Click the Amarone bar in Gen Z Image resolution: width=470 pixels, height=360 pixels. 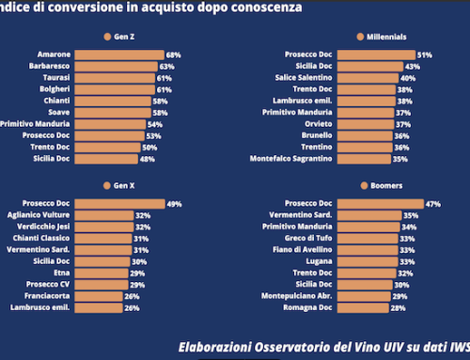click(118, 55)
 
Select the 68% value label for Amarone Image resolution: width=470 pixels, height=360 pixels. click(173, 55)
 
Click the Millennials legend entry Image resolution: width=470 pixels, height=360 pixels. click(382, 37)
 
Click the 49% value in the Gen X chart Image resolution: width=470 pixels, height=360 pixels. click(173, 204)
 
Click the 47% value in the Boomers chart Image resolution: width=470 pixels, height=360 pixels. click(433, 204)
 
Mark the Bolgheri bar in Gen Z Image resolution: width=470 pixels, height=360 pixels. click(115, 90)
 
